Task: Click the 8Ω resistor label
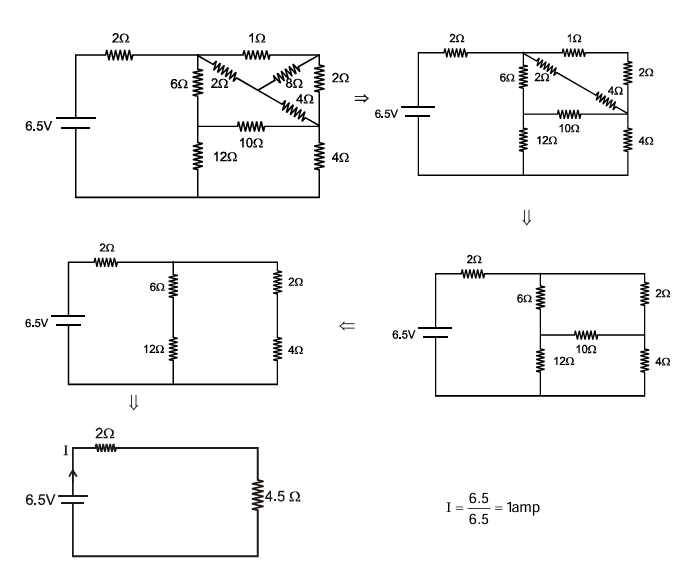point(293,85)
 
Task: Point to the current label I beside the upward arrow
point(66,451)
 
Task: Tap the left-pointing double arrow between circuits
point(347,326)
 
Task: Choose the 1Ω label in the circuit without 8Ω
point(573,37)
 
